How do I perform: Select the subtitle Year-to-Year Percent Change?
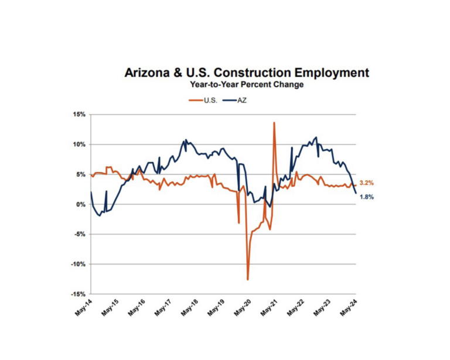246,85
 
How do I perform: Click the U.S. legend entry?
204,101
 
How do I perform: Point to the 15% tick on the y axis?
79,115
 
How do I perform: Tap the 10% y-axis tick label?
79,145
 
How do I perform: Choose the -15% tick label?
78,294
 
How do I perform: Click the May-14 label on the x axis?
83,308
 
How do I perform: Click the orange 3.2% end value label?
366,183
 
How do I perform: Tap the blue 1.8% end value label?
366,197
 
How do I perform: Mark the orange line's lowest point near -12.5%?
248,279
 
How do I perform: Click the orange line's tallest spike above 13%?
274,122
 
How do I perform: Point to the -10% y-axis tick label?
78,264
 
